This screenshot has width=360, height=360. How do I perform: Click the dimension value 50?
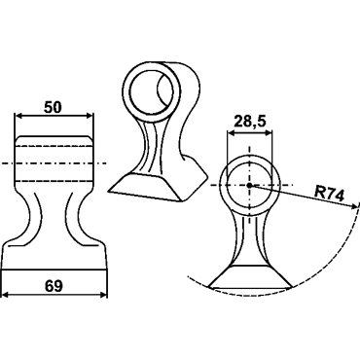[x=53, y=107]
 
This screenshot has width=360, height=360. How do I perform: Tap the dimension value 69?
[x=54, y=286]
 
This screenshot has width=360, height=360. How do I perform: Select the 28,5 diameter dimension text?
[x=250, y=122]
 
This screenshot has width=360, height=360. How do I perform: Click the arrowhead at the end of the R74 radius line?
[x=351, y=205]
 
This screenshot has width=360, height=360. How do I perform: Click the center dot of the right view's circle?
[x=249, y=185]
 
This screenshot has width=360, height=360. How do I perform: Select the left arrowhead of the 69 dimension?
[x=6, y=295]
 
